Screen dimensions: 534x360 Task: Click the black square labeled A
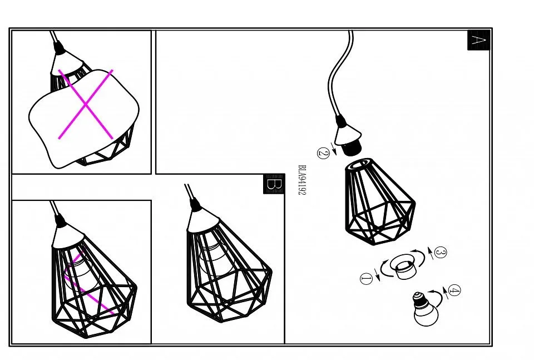[x=478, y=40]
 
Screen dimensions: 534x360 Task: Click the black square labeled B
[x=274, y=184]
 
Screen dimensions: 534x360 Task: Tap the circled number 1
[x=367, y=279]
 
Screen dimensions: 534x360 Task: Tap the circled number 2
[x=323, y=153]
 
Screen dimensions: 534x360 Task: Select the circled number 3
[x=441, y=253]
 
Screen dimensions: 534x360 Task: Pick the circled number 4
[x=454, y=290]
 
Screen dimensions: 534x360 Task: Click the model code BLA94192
[x=302, y=180]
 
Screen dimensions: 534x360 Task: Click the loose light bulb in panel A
[x=424, y=309]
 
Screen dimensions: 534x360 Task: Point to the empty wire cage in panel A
[x=380, y=201]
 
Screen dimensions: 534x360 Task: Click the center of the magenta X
[x=86, y=104]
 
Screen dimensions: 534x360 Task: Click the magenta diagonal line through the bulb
[x=88, y=282]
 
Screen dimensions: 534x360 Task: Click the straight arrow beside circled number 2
[x=334, y=149]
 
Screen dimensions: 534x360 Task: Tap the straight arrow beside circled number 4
[x=445, y=293]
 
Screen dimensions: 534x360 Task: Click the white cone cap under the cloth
[x=67, y=63]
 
